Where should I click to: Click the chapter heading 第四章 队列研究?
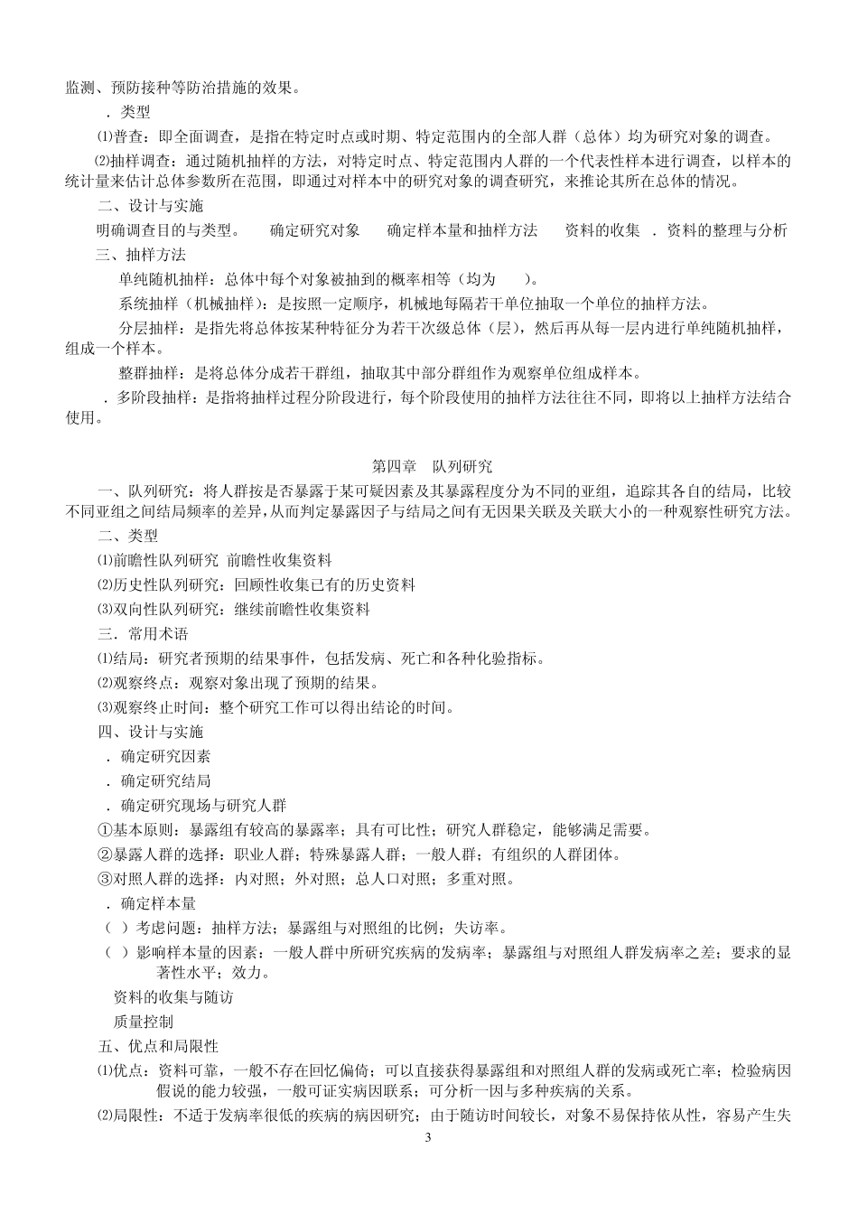(433, 467)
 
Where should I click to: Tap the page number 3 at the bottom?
(428, 1136)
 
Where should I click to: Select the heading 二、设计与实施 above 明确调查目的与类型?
(151, 206)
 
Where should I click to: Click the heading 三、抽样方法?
(142, 255)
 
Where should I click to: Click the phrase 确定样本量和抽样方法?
(462, 230)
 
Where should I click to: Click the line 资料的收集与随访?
(173, 997)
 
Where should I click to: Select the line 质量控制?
(143, 1022)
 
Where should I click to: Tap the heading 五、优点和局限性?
(158, 1046)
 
